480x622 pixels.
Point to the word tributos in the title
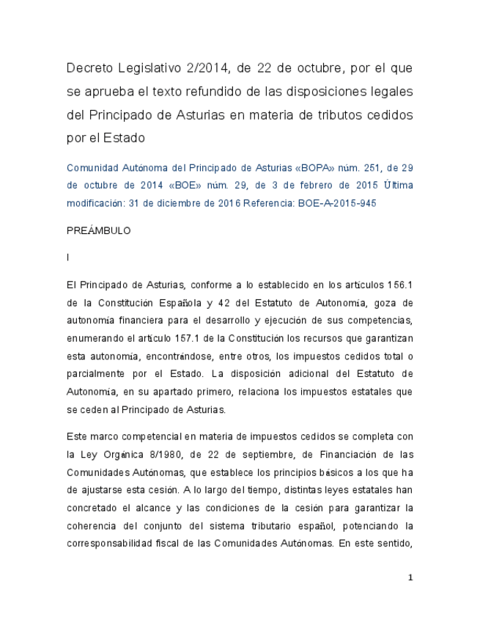pyautogui.click(x=333, y=115)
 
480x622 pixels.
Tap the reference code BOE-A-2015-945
pyautogui.click(x=337, y=203)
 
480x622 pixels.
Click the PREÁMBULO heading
pyautogui.click(x=98, y=230)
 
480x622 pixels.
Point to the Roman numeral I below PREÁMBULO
pyautogui.click(x=67, y=257)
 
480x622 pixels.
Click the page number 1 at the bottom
pyautogui.click(x=410, y=578)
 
